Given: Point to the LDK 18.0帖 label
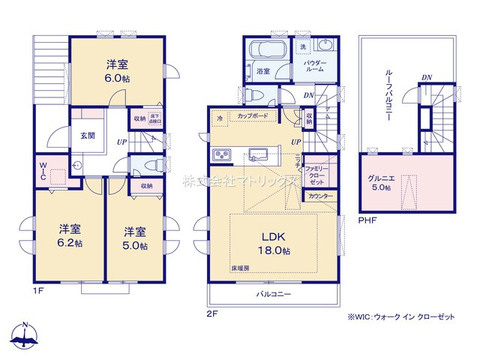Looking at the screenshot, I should point(274,242).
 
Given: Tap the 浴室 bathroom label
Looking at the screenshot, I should point(262,72).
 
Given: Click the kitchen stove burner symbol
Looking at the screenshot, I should point(223,155).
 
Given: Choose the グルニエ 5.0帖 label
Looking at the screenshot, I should point(379,182).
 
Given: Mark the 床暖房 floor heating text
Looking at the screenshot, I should point(239,268).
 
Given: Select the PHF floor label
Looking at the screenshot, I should point(367,221).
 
